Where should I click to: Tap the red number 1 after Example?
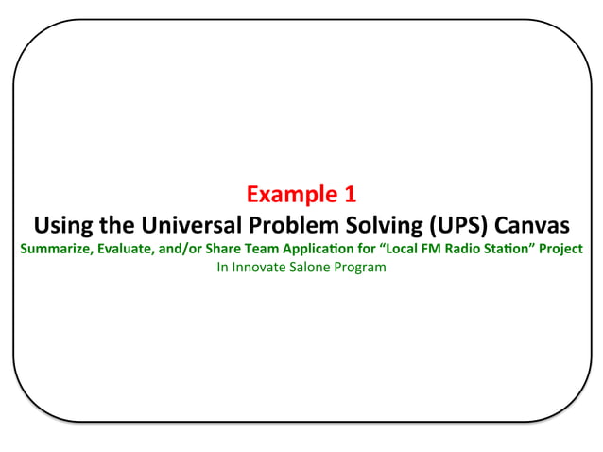(x=350, y=196)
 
